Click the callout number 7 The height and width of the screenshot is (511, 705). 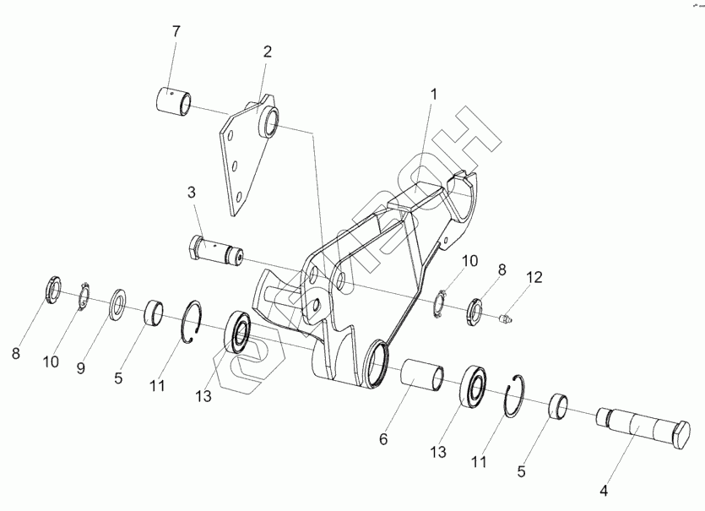176,32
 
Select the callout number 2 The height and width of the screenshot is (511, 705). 267,52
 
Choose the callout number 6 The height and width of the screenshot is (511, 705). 383,439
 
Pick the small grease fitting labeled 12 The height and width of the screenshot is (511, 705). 505,318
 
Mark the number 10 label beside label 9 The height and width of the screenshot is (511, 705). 52,362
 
